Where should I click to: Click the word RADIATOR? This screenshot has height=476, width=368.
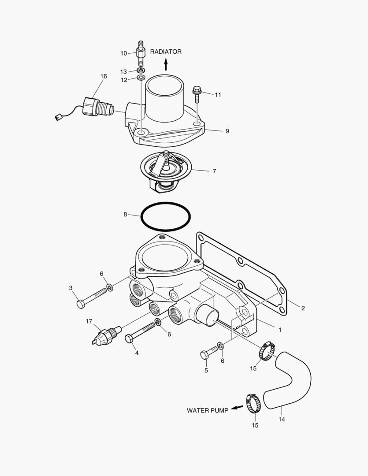[x=166, y=52]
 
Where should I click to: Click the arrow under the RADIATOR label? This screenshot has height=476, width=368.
[x=166, y=65]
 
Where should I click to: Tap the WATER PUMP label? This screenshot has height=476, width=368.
[x=207, y=410]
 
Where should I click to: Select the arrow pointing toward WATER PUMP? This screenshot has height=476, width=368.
[x=237, y=408]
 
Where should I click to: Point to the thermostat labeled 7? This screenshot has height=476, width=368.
[x=164, y=170]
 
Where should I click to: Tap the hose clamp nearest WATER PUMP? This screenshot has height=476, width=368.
[x=253, y=403]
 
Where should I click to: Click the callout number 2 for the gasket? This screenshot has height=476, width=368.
[x=303, y=308]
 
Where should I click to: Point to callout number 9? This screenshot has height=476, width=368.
[x=227, y=131]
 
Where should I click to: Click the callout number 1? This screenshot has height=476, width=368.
[x=279, y=329]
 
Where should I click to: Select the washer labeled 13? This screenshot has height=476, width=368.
[x=141, y=71]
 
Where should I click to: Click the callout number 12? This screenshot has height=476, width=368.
[x=124, y=80]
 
